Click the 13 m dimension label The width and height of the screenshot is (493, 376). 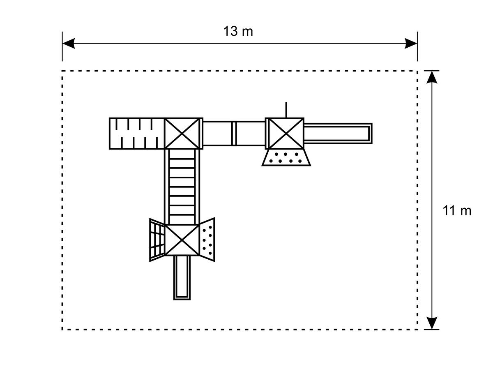click(238, 31)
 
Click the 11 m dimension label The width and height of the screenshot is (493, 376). click(456, 211)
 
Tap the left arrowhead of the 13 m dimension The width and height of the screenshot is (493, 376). click(69, 43)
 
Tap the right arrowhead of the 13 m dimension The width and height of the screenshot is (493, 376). click(411, 43)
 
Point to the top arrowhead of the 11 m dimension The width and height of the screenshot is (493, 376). click(432, 77)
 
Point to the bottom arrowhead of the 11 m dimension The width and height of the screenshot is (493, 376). click(432, 323)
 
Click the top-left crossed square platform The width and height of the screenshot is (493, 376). click(182, 134)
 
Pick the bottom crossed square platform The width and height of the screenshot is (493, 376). click(182, 240)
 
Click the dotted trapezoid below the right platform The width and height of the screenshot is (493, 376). click(286, 157)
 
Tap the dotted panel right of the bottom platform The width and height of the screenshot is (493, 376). click(207, 240)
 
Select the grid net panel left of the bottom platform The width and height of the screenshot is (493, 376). click(157, 240)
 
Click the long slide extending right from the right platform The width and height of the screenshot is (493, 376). click(338, 134)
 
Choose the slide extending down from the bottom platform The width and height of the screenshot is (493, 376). click(182, 278)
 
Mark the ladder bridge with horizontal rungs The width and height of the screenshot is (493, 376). click(182, 187)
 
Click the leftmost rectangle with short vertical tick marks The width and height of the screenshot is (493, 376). click(137, 134)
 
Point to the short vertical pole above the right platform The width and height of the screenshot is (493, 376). click(286, 110)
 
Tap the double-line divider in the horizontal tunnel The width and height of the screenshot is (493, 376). click(234, 134)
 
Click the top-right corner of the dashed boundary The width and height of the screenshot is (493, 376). click(417, 71)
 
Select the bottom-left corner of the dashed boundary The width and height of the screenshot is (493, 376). click(62, 330)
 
